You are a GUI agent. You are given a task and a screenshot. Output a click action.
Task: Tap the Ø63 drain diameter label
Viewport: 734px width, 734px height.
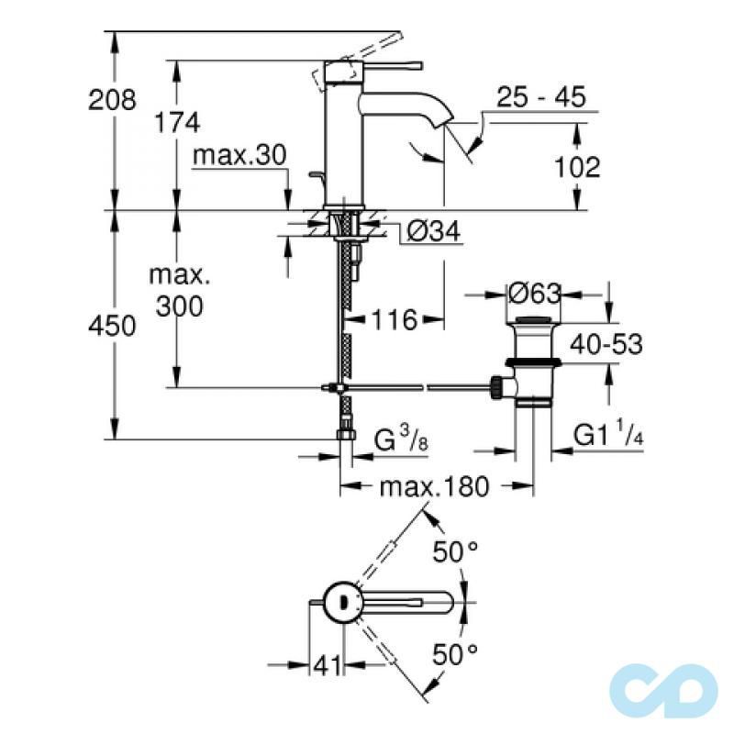pos(533,295)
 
